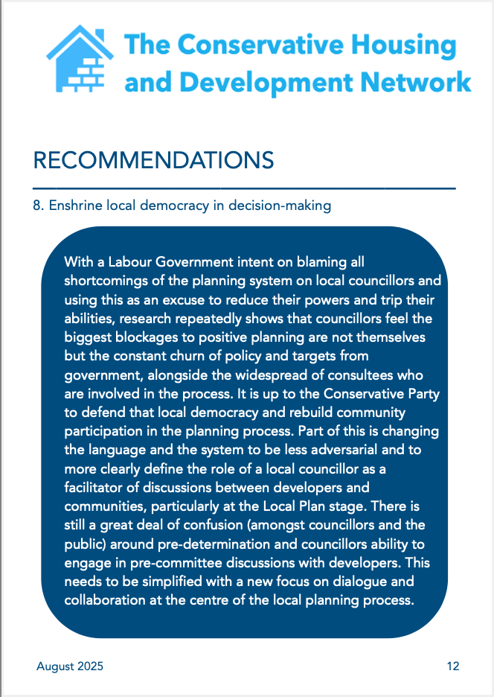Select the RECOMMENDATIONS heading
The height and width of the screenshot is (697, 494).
tap(154, 159)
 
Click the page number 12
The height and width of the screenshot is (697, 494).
tap(453, 666)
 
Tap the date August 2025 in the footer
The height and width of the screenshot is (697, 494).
tap(70, 666)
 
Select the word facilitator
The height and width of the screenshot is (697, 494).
tap(90, 488)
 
